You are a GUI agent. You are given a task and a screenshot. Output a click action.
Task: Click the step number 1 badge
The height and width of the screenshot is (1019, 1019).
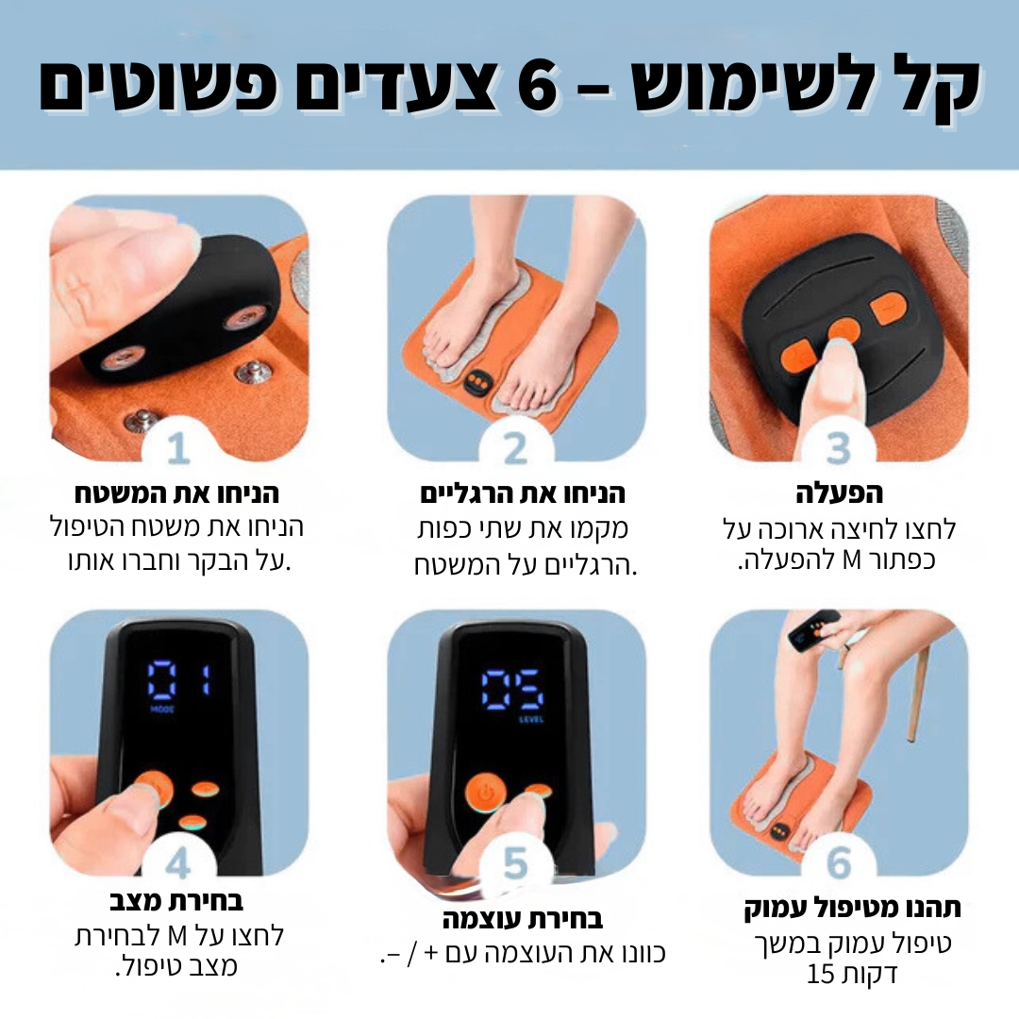pyautogui.click(x=178, y=450)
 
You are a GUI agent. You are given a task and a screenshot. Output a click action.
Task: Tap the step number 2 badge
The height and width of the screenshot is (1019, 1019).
pyautogui.click(x=515, y=450)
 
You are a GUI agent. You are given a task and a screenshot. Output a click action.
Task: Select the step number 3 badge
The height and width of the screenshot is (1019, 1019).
pyautogui.click(x=839, y=450)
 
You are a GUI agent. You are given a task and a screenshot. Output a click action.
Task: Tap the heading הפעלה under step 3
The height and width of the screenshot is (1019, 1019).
pyautogui.click(x=839, y=494)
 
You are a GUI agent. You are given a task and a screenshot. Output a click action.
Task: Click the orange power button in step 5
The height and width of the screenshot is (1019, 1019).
pyautogui.click(x=485, y=794)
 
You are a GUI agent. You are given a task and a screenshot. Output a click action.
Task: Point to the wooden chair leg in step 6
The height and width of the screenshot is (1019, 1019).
pyautogui.click(x=915, y=689)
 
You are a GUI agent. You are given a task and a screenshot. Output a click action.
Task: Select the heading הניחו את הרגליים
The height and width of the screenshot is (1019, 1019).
pyautogui.click(x=522, y=494)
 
